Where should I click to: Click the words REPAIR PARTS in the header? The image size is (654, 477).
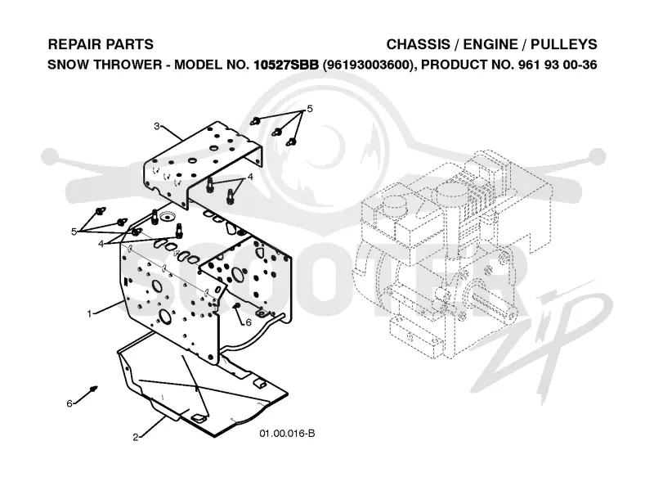pyautogui.click(x=101, y=44)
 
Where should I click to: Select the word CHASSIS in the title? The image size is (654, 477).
pyautogui.click(x=419, y=44)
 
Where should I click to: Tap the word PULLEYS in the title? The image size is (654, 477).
pyautogui.click(x=564, y=44)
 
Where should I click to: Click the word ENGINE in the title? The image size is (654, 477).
pyautogui.click(x=490, y=44)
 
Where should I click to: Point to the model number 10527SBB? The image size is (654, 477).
pyautogui.click(x=286, y=65)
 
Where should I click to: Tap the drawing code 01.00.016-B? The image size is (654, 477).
pyautogui.click(x=288, y=434)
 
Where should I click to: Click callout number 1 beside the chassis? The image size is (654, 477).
pyautogui.click(x=89, y=313)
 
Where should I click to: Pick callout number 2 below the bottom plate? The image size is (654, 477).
pyautogui.click(x=136, y=438)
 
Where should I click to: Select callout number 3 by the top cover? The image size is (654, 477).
pyautogui.click(x=156, y=126)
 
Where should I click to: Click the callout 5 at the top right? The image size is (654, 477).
pyautogui.click(x=310, y=109)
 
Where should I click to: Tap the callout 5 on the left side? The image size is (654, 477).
pyautogui.click(x=74, y=232)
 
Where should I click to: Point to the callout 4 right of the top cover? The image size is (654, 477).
pyautogui.click(x=250, y=177)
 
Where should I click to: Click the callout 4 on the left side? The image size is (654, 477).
pyautogui.click(x=101, y=244)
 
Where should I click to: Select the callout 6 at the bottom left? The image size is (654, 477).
pyautogui.click(x=69, y=403)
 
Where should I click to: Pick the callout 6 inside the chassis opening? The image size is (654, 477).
pyautogui.click(x=249, y=322)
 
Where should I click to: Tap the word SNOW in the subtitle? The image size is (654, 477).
pyautogui.click(x=67, y=65)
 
